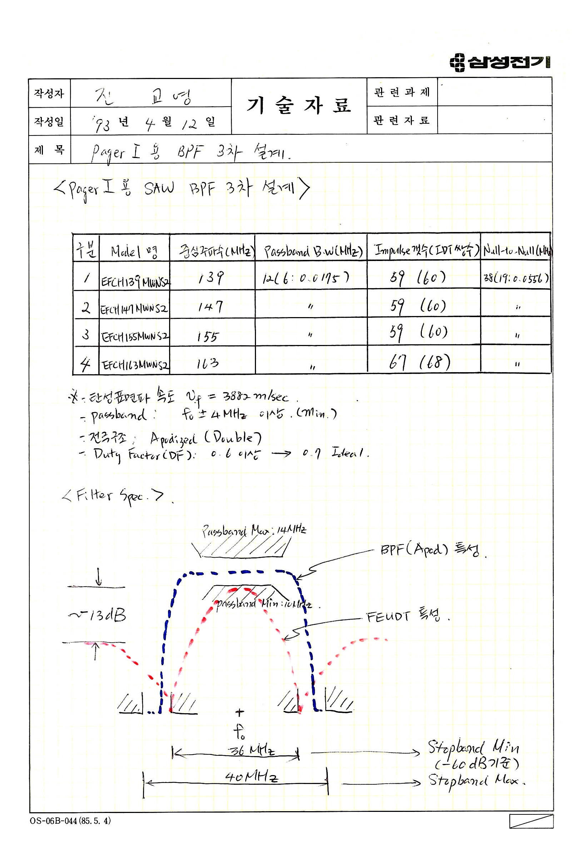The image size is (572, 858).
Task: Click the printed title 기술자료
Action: coord(299,106)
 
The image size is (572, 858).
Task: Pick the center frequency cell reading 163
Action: coord(208,363)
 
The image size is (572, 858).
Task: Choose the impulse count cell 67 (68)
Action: coord(419,362)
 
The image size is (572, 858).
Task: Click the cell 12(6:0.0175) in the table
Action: coord(306,278)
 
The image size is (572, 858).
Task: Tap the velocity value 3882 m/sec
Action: coord(256,396)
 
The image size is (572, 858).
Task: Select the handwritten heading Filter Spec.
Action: coord(113,497)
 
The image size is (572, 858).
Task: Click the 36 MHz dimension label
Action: coord(251,750)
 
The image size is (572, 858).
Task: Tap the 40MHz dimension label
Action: coord(251,776)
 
